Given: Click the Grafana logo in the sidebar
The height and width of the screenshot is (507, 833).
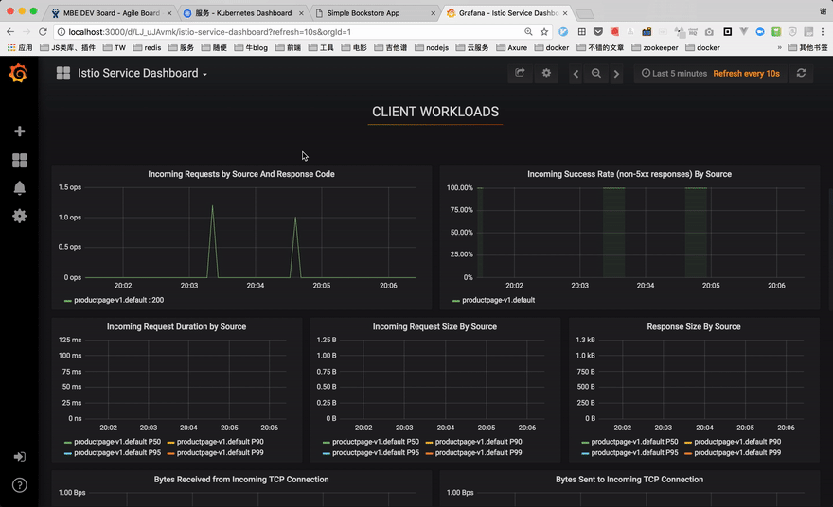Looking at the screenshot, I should (x=19, y=74).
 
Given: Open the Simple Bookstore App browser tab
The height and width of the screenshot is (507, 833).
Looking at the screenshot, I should (x=363, y=13).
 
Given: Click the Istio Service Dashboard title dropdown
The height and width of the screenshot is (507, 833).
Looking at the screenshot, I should (x=142, y=74).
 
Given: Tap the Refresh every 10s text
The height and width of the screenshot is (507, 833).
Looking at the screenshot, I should (x=746, y=74).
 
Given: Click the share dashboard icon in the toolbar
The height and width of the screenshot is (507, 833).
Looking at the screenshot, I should (x=519, y=74).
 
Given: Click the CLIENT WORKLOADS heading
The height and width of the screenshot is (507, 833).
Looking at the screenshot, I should (x=435, y=112).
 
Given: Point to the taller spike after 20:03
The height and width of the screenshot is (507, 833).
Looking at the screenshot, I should (x=212, y=206).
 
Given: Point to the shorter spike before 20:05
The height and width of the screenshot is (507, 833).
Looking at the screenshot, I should (x=295, y=219).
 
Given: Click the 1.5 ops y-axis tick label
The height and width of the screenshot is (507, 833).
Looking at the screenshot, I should (x=70, y=187).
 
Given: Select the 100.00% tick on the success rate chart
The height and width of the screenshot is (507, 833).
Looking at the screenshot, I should (x=459, y=187).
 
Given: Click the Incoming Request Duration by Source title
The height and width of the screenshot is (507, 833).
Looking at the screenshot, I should (x=176, y=326).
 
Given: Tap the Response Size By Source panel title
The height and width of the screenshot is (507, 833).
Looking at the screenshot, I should (x=693, y=326).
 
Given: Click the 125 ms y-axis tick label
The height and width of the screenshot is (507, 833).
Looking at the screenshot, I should (x=70, y=340).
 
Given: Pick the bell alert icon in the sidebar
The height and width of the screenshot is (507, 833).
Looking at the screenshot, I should (x=19, y=188).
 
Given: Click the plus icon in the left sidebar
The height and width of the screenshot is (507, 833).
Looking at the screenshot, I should (x=19, y=132).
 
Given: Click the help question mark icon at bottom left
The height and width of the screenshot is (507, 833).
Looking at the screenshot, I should (x=19, y=485).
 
